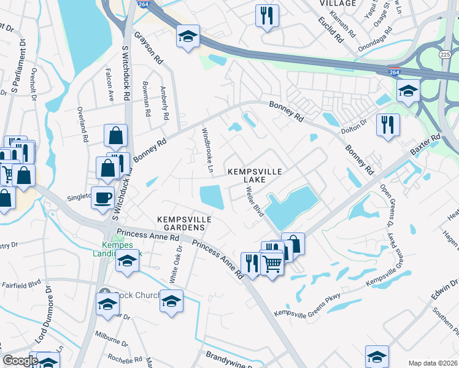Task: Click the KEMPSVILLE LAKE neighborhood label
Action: click(x=254, y=176)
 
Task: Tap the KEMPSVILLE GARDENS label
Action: click(x=184, y=223)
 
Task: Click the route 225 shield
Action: click(x=445, y=55)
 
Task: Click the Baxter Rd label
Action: click(x=426, y=145)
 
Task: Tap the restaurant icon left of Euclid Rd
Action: click(x=267, y=15)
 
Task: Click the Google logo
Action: click(x=20, y=361)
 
